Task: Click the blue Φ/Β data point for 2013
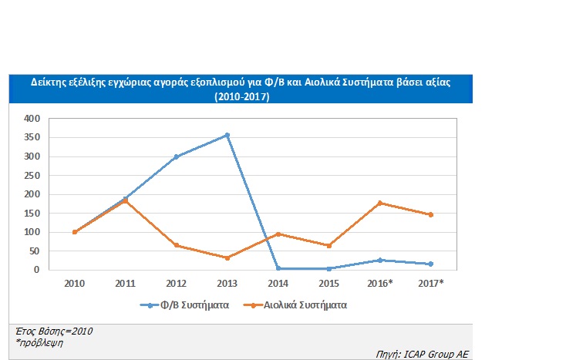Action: click(227, 135)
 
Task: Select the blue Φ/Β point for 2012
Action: click(176, 156)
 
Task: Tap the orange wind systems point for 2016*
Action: click(379, 203)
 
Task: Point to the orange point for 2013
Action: click(227, 257)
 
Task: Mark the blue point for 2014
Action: click(278, 268)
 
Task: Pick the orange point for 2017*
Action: click(430, 214)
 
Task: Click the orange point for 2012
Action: click(176, 245)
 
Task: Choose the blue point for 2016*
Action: click(379, 260)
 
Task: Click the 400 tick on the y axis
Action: click(31, 119)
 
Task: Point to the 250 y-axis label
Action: click(31, 176)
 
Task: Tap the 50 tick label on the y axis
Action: click(33, 251)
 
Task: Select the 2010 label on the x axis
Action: click(74, 283)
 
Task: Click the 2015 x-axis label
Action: click(328, 283)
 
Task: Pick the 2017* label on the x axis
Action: click(430, 283)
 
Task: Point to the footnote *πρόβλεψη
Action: click(38, 341)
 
